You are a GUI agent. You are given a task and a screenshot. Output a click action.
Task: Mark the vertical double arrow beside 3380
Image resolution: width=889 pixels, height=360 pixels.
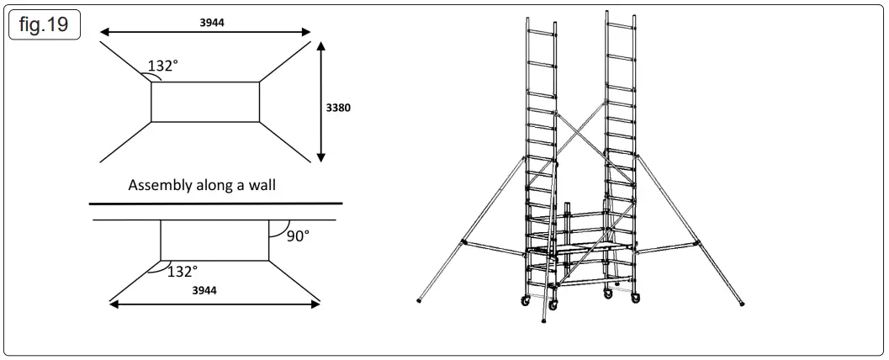pos(320,102)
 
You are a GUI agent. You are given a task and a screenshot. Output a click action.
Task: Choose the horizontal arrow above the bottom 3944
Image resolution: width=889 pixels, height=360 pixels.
pos(215,304)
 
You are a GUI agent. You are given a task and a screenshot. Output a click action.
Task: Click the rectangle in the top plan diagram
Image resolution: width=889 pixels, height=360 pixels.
pos(206,102)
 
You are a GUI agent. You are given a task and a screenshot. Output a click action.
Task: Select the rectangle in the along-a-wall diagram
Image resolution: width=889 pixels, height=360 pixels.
pos(214,241)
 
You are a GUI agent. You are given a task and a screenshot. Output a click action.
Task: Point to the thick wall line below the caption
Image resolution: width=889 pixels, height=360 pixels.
pos(216,204)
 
